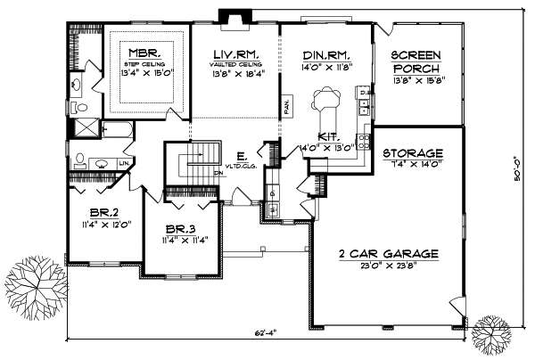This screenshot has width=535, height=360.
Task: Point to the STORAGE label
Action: pyautogui.click(x=414, y=152)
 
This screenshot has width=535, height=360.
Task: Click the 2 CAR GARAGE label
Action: pyautogui.click(x=389, y=254)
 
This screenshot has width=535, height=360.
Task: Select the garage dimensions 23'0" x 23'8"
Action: pyautogui.click(x=390, y=266)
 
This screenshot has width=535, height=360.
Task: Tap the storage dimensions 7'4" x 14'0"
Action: pyautogui.click(x=414, y=164)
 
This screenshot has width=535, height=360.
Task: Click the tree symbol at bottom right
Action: pyautogui.click(x=491, y=336)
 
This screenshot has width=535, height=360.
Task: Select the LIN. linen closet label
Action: pyautogui.click(x=121, y=164)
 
